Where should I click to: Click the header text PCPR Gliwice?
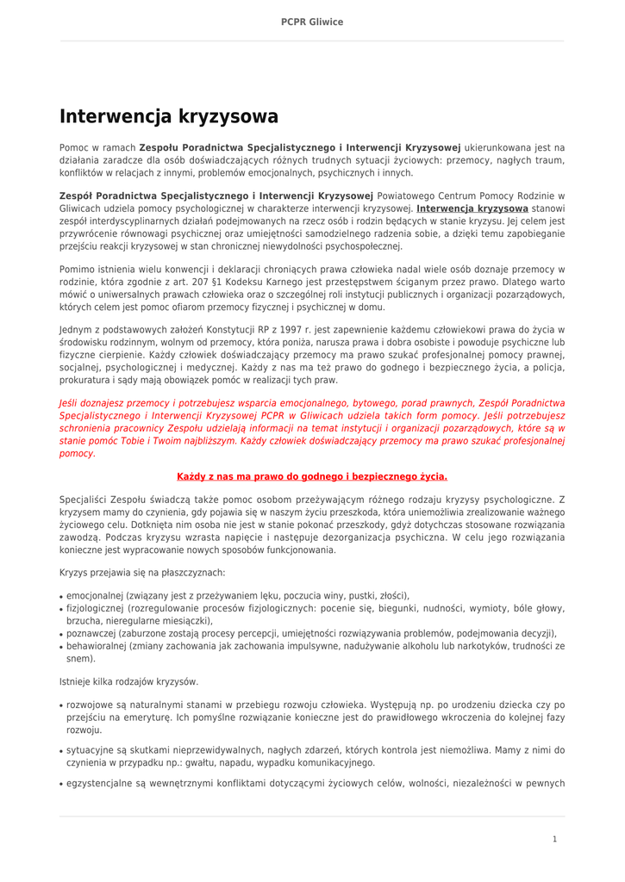312,22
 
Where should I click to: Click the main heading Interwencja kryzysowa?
168,116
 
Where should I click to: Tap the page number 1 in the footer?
554,838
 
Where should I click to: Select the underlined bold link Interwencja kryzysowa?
472,208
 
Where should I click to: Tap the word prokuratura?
84,380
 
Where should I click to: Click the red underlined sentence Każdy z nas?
312,476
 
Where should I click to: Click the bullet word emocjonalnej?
95,595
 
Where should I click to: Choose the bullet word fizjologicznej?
96,608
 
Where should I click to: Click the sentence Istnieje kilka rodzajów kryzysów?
128,681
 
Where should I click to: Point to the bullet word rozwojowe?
89,705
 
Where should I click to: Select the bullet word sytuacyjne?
89,750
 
